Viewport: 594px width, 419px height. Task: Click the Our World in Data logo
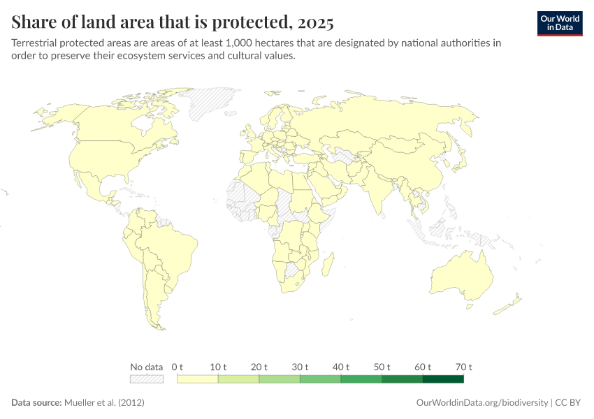tap(560, 22)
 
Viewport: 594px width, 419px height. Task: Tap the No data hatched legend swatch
tap(147, 379)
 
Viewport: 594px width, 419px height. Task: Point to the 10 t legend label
tap(218, 367)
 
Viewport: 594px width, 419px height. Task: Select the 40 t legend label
tap(341, 367)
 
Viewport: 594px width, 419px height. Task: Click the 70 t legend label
tap(463, 367)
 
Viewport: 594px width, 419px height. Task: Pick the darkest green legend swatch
tap(443, 379)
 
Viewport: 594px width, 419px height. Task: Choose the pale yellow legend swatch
tap(198, 379)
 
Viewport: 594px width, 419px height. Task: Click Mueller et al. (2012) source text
tap(104, 403)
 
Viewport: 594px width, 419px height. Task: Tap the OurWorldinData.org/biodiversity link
tap(481, 403)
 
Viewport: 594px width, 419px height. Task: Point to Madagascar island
tap(326, 265)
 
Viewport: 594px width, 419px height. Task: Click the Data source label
tap(36, 403)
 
